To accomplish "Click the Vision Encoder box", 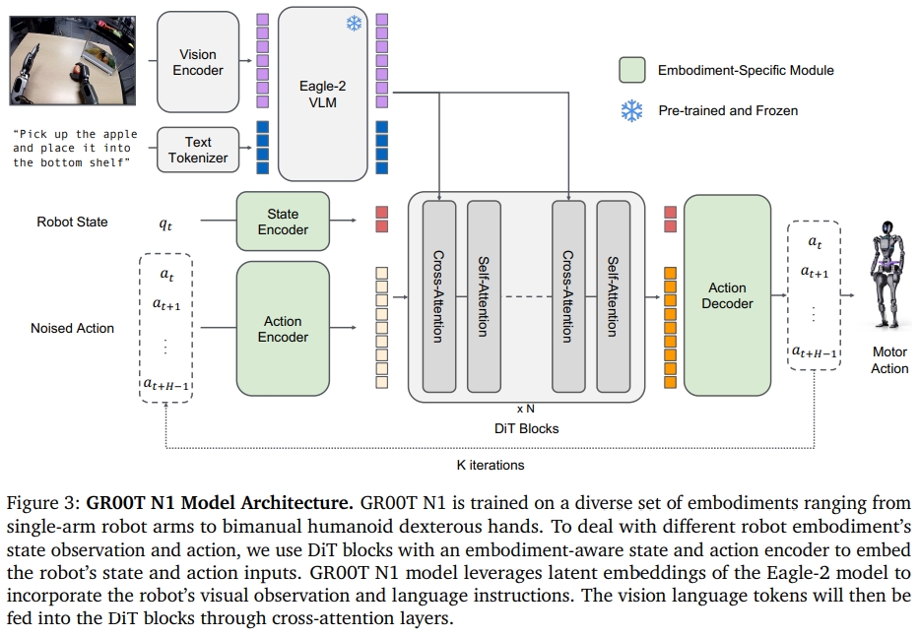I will click(x=198, y=62).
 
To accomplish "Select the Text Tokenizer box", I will click(x=198, y=150).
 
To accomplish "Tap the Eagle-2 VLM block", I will click(x=322, y=94).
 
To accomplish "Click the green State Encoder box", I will click(x=283, y=222).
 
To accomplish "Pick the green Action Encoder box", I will click(x=283, y=329).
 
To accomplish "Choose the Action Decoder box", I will click(x=727, y=295).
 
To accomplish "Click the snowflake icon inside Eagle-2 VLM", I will click(x=354, y=22).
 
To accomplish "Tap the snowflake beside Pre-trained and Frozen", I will click(x=631, y=111).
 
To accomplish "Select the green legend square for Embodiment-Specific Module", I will click(x=631, y=70).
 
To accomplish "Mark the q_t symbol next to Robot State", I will click(x=165, y=223).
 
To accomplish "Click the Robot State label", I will click(x=72, y=223).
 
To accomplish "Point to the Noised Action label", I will click(x=72, y=328).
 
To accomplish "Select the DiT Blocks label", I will click(x=526, y=428).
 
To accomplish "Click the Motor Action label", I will click(x=889, y=359).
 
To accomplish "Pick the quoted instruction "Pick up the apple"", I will click(x=75, y=134).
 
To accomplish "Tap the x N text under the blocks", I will click(x=526, y=407).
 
